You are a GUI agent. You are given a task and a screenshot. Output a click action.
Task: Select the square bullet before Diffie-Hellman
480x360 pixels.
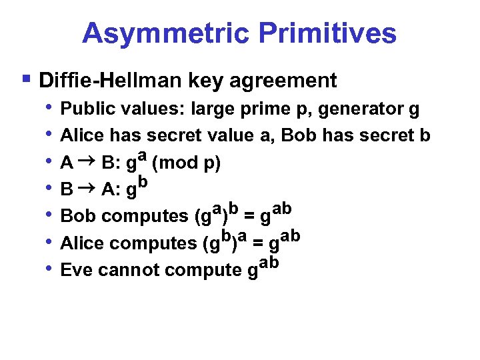coord(26,79)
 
